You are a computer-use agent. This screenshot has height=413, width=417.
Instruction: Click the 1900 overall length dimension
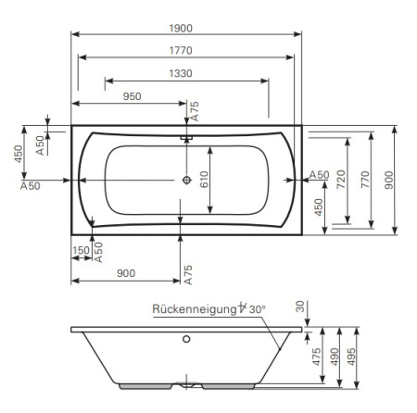coord(181,29)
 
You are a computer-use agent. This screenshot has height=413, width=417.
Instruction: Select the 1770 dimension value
coord(181,51)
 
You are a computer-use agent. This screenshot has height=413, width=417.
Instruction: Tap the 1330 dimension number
coord(181,73)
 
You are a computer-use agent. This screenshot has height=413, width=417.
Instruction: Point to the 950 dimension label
coord(133,96)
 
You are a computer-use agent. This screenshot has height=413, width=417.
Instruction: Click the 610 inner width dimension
coord(204,180)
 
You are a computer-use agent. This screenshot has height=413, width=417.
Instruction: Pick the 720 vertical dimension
coord(341,180)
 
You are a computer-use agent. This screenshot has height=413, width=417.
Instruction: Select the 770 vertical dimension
coord(365,180)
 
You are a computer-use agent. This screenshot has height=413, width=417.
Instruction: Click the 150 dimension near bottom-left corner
coord(81,250)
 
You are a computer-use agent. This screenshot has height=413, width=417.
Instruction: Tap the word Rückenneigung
coord(195,309)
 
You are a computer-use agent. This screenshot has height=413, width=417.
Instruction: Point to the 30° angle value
coord(258,309)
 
